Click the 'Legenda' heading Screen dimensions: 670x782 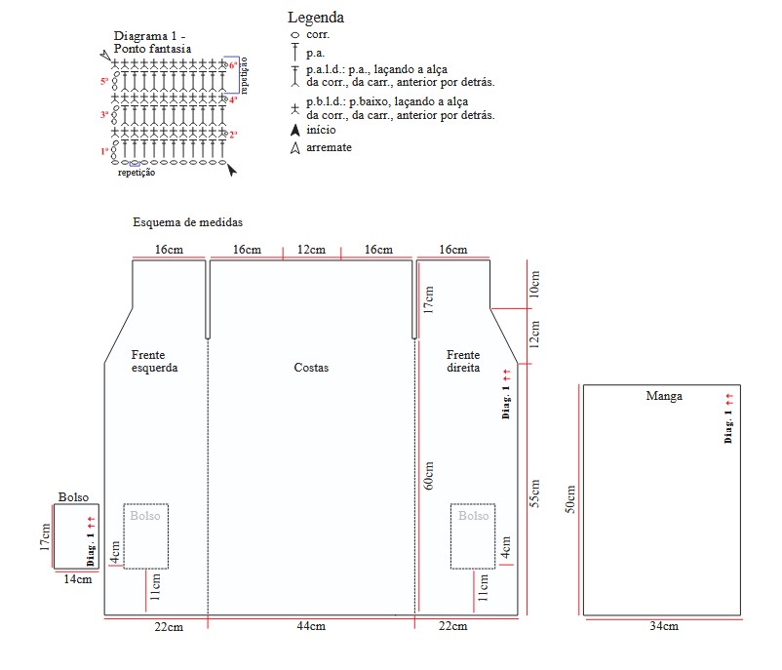click(x=316, y=18)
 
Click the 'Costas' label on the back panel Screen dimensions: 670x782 click(x=311, y=368)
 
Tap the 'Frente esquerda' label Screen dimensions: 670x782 click(x=155, y=362)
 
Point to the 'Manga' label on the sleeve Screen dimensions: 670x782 click(x=664, y=396)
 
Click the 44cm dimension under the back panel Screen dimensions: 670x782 click(x=311, y=626)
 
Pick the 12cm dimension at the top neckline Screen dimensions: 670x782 click(x=311, y=250)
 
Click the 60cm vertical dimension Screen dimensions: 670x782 click(x=429, y=477)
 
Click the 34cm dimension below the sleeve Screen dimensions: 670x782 click(x=663, y=626)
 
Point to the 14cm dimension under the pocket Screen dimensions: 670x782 click(x=78, y=579)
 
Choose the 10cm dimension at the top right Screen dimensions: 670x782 click(x=535, y=284)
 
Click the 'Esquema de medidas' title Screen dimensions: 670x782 click(x=187, y=222)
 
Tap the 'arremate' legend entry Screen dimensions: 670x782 click(x=329, y=147)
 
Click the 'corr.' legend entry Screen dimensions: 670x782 click(x=318, y=34)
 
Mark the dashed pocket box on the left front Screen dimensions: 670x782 click(x=145, y=535)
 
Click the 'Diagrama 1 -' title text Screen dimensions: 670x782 click(x=156, y=35)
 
